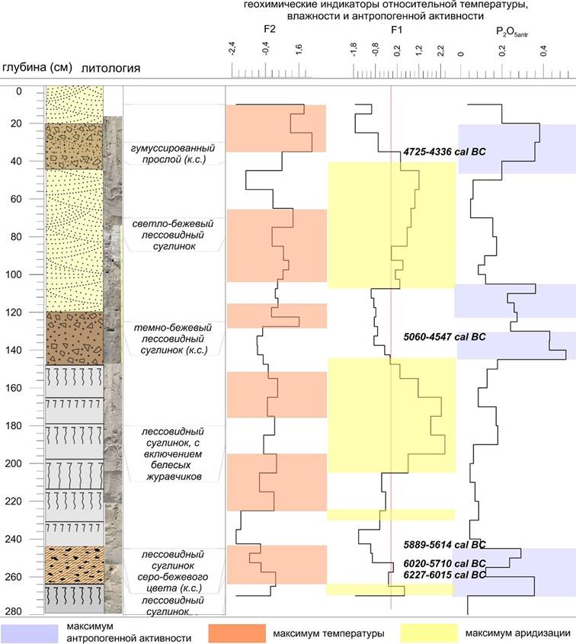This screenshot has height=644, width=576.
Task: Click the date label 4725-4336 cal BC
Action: pyautogui.click(x=443, y=152)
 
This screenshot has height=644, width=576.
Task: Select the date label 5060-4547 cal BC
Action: pyautogui.click(x=443, y=336)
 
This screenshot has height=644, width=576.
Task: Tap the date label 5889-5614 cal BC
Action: pyautogui.click(x=444, y=545)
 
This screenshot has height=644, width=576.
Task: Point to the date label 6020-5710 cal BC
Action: pyautogui.click(x=444, y=564)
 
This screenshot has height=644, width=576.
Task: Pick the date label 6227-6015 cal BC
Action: pyautogui.click(x=444, y=575)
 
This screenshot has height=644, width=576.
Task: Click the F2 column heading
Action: pyautogui.click(x=268, y=30)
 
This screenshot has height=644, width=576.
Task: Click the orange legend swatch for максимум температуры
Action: pyautogui.click(x=235, y=633)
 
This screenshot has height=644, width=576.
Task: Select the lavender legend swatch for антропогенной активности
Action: pyautogui.click(x=30, y=633)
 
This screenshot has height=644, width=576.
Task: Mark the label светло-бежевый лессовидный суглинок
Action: pyautogui.click(x=172, y=235)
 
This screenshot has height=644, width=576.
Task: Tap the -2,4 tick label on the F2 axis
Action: pyautogui.click(x=232, y=51)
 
